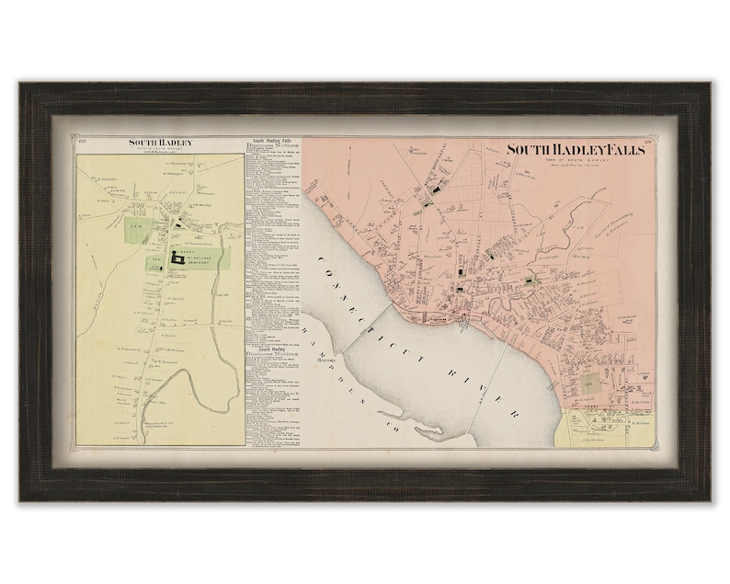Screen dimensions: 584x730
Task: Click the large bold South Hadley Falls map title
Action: point(576,151)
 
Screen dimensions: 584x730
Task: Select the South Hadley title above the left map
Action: point(158,143)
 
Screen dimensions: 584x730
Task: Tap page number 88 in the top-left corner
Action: point(81,141)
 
